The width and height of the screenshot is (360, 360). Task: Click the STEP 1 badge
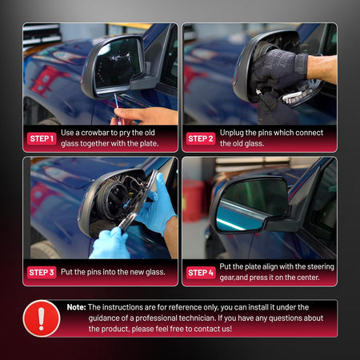click(x=42, y=138)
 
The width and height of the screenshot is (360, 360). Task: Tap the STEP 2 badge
click(x=201, y=138)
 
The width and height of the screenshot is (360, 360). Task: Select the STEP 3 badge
click(x=42, y=272)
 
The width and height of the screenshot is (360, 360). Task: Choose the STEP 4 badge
click(x=201, y=273)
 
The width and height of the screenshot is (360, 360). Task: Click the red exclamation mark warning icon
click(x=42, y=318)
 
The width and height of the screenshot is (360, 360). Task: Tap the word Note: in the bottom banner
click(x=76, y=307)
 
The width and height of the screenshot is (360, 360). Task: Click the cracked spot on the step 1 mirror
click(x=119, y=58)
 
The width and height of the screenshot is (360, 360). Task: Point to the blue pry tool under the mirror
click(x=117, y=102)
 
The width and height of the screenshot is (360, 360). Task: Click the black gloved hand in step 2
click(x=278, y=72)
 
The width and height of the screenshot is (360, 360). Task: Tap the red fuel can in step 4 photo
click(x=194, y=201)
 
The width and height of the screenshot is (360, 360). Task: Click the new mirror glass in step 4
click(x=250, y=204)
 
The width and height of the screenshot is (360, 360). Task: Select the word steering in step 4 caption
click(x=320, y=266)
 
